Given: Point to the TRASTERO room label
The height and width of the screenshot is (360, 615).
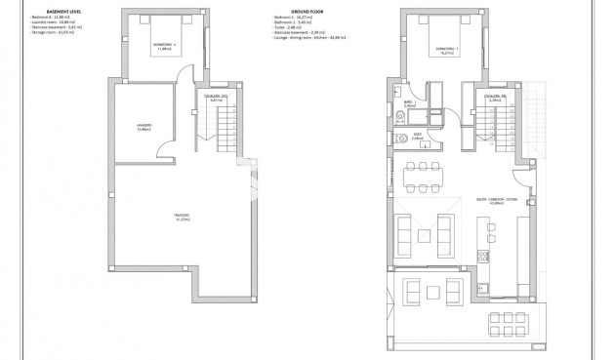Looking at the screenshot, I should click(182, 217).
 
